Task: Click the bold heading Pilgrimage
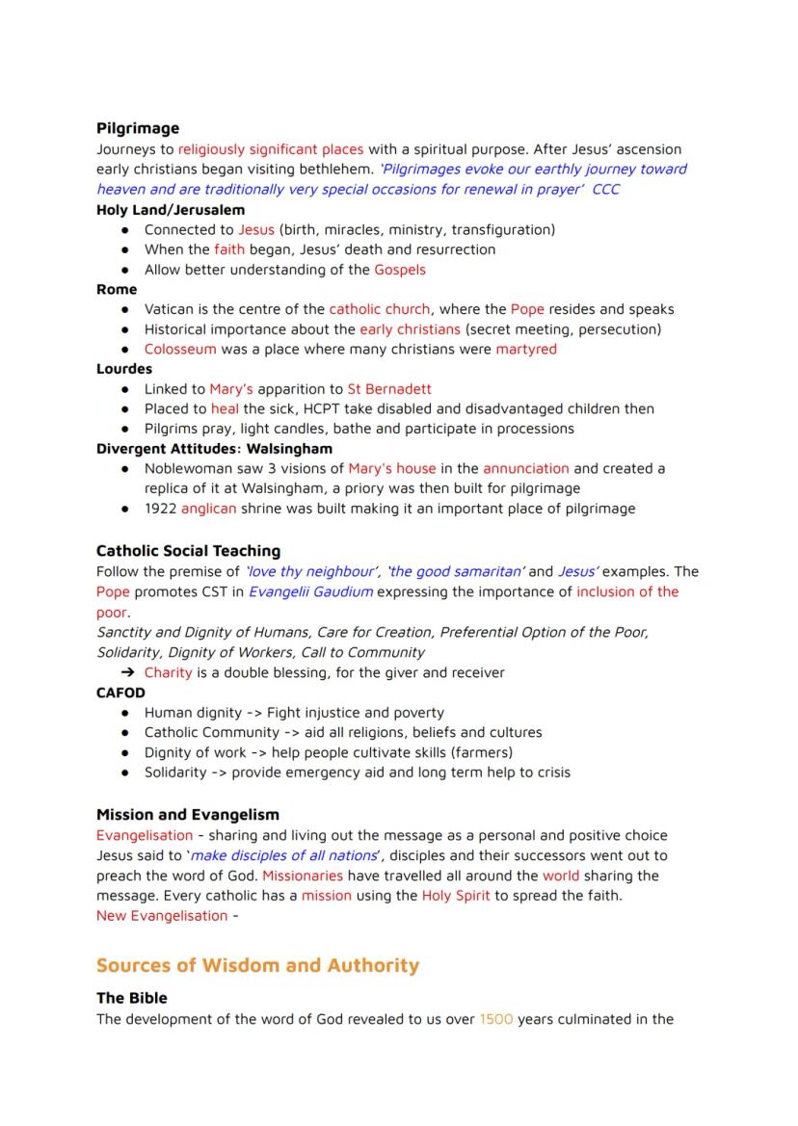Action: tap(138, 128)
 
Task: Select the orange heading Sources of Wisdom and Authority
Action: tap(257, 965)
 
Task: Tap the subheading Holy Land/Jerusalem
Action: tap(171, 209)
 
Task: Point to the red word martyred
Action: tap(526, 349)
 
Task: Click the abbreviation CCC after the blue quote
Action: tap(606, 189)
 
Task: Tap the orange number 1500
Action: tap(495, 1019)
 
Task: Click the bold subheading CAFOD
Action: tap(120, 693)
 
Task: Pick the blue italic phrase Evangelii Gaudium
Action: tap(310, 591)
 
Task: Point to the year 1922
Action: tap(160, 509)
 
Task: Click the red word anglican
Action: tap(208, 509)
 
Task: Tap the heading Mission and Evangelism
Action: tap(188, 815)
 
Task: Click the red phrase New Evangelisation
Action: tap(162, 915)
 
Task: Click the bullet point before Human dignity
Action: tap(126, 713)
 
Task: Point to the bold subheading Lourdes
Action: tap(124, 369)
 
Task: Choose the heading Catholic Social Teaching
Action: tap(189, 551)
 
